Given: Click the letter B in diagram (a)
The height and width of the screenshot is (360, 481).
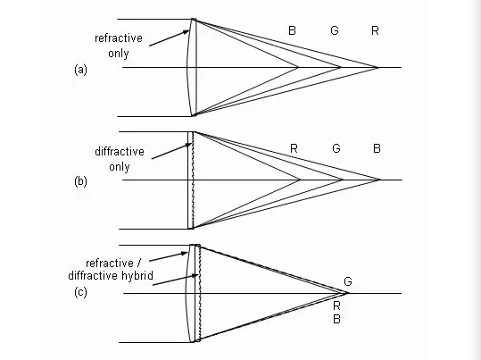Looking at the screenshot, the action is coord(292,30).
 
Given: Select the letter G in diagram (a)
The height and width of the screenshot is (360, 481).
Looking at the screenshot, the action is coord(335,30).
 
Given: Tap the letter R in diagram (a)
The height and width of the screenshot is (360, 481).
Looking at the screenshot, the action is coord(375,30).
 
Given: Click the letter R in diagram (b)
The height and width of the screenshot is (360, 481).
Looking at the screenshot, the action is coord(294,148).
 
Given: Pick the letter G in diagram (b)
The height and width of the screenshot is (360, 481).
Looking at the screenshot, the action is coord(336,148).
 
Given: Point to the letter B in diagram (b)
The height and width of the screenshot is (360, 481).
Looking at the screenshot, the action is coord(377,148).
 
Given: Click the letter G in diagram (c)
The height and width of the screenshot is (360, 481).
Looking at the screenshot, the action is coord(348,281).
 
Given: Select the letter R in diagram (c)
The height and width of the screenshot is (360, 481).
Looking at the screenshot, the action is coord(336,306).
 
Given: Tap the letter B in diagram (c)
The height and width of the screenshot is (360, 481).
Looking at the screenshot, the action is coord(336,320).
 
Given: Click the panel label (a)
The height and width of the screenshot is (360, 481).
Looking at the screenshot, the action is coord(80,70).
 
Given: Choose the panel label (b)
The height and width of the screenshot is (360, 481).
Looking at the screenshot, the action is coord(80,181).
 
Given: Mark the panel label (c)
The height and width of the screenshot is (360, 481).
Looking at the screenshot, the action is coord(80,292).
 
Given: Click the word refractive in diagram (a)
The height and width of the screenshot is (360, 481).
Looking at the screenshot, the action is coord(119,38).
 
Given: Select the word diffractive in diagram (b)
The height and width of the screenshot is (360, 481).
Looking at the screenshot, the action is coord(120,152).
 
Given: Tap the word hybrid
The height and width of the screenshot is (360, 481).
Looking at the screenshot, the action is coord(137,276).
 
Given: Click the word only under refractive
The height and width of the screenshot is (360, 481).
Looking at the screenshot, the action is coord(119,54).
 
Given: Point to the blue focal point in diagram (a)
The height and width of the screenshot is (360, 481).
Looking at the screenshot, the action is coord(297,67).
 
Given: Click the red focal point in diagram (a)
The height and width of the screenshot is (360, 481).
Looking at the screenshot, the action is coord(378,67).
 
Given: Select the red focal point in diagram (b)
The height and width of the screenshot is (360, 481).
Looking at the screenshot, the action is coord(300,180).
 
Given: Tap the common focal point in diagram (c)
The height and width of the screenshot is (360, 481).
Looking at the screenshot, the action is coord(347,293).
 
